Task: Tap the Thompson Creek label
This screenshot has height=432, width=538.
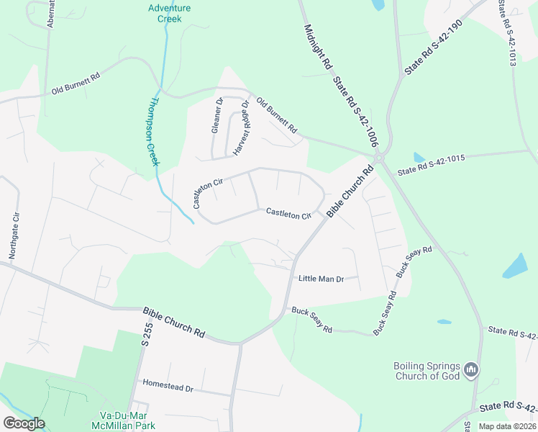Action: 152,132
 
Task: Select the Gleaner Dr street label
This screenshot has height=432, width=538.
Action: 217,117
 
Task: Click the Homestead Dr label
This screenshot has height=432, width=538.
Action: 168,387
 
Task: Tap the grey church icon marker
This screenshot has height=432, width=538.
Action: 471,370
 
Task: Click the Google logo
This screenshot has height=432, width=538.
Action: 24,423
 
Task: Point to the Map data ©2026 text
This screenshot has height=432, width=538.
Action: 506,426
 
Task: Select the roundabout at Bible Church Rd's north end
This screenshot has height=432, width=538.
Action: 378,158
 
